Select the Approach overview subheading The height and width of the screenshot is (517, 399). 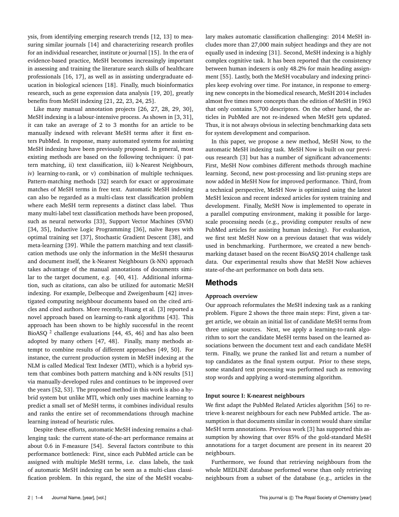pos(231,296)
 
